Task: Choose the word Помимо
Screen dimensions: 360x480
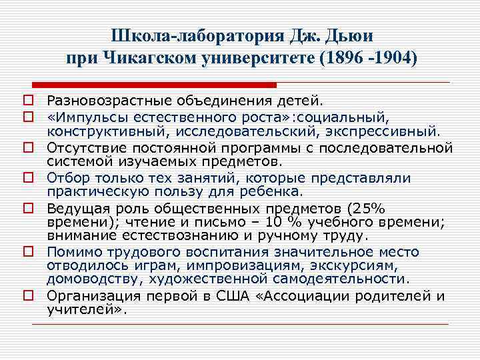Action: (x=73, y=252)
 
